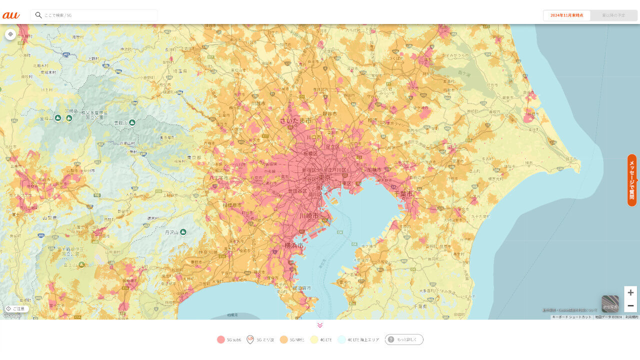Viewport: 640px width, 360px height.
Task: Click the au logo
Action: point(11,15)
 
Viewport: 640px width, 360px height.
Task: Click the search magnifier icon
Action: point(38,15)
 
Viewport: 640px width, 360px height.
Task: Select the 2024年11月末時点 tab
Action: point(566,15)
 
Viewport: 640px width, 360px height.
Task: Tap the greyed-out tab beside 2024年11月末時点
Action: point(613,15)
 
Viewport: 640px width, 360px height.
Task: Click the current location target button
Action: point(10,34)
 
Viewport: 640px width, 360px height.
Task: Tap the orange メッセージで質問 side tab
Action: point(632,180)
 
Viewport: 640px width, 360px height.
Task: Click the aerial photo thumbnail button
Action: point(610,303)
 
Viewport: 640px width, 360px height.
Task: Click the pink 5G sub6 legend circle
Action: point(221,339)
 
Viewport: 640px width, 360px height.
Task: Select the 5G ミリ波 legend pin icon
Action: point(250,339)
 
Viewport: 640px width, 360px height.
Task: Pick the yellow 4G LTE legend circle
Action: point(314,339)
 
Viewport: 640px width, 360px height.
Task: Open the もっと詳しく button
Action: point(404,339)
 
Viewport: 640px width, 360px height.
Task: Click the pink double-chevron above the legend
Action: point(320,325)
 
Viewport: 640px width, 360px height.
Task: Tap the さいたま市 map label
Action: point(295,121)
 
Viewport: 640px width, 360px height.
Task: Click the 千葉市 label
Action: point(403,193)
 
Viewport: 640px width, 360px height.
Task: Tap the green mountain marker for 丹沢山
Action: point(183,232)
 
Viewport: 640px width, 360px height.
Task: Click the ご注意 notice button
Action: point(15,308)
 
